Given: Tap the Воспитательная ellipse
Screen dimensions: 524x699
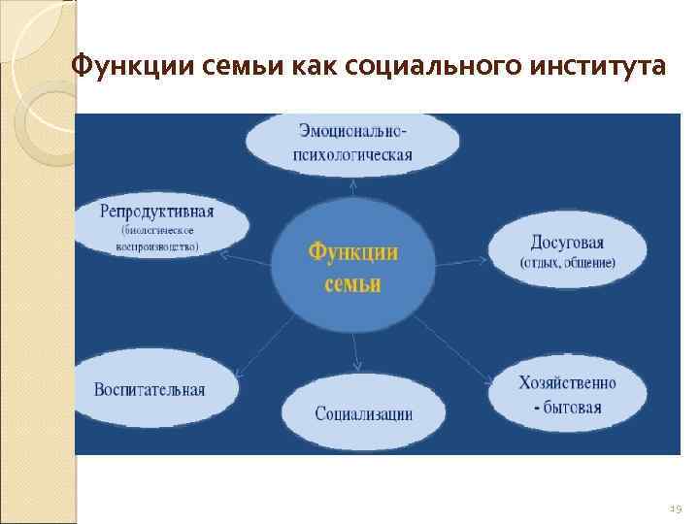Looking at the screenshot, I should (x=150, y=389).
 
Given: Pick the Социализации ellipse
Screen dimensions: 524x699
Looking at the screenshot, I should (x=363, y=412).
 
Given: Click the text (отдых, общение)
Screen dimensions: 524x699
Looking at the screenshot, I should (x=567, y=263).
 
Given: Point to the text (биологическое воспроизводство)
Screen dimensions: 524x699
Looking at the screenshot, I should (x=157, y=239).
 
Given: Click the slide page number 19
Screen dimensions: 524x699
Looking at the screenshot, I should (x=676, y=507).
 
